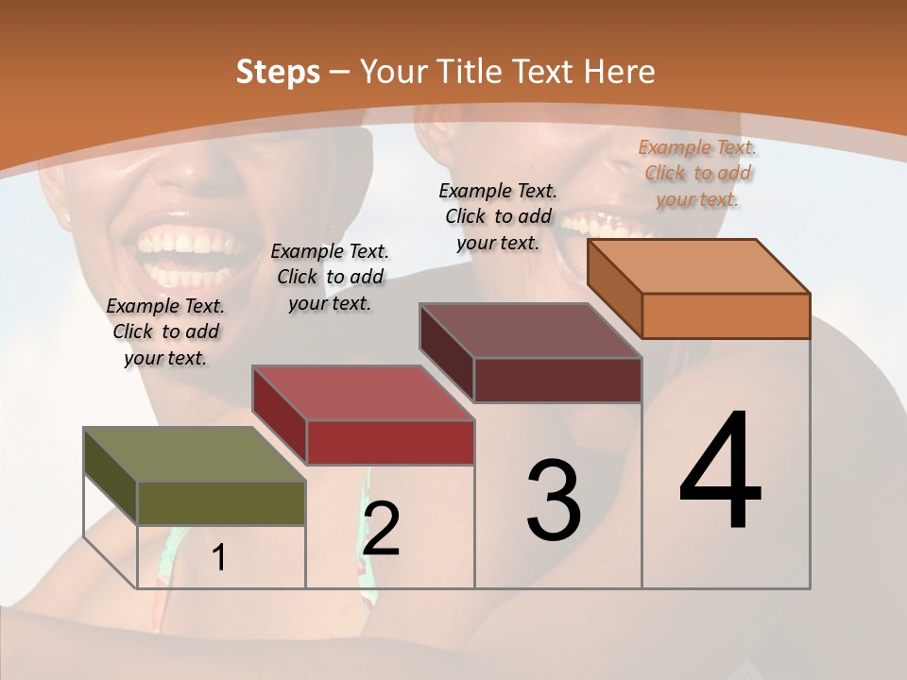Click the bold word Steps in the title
(x=278, y=73)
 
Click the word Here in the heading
(x=619, y=73)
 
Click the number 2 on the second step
(x=381, y=528)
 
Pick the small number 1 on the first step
(x=219, y=558)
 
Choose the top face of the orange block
(x=699, y=265)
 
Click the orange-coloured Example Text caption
(x=697, y=173)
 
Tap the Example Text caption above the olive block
(x=165, y=331)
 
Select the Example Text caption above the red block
(x=330, y=277)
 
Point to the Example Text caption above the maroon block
(x=498, y=216)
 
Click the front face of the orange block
(x=726, y=315)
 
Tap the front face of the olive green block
(x=221, y=503)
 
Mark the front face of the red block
(x=390, y=442)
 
